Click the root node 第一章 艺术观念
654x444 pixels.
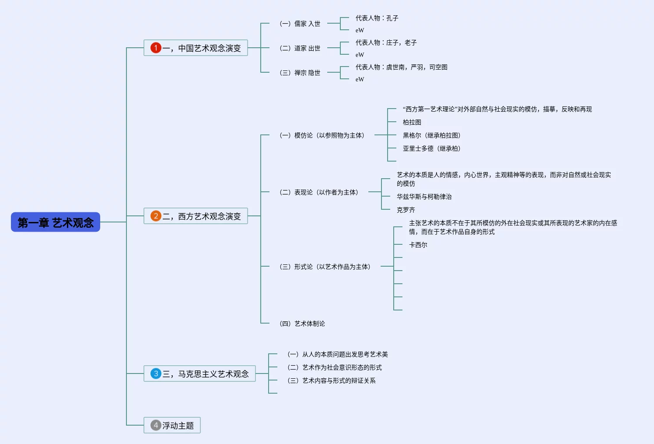click(56, 222)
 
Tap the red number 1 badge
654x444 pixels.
click(156, 48)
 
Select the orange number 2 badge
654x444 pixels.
click(156, 216)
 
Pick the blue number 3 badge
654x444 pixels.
click(156, 374)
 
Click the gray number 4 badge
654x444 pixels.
click(156, 425)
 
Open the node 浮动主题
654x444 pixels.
click(178, 426)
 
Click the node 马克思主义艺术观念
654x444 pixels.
click(206, 374)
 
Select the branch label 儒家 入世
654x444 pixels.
click(300, 24)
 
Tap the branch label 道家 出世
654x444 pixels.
click(300, 48)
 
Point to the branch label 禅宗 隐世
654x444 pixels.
click(300, 73)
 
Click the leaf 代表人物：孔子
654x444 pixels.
click(377, 18)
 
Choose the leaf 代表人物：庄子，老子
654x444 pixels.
click(386, 42)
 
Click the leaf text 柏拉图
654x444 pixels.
click(412, 122)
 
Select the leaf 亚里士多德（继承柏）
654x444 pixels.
click(431, 148)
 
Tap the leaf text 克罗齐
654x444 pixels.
click(406, 210)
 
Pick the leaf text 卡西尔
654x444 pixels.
click(418, 245)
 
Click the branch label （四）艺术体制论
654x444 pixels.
click(302, 324)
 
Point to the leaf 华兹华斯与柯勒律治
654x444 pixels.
click(424, 197)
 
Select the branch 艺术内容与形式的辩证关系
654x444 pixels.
click(332, 381)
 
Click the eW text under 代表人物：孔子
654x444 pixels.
click(360, 30)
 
